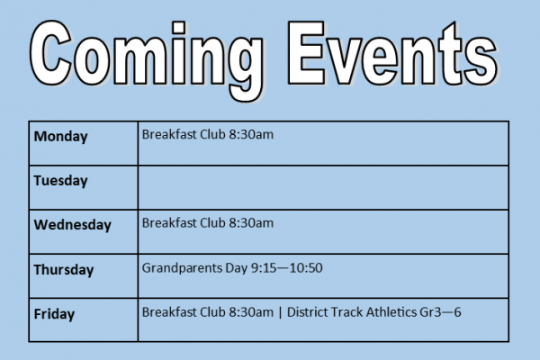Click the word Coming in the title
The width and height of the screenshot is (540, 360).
coord(147,59)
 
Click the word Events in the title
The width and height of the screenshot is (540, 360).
coord(392,53)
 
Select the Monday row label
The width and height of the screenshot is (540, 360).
coord(60,137)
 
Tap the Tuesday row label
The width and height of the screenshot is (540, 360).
coord(60,181)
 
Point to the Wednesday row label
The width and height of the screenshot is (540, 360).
coord(72,225)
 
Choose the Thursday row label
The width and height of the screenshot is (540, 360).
coord(64,270)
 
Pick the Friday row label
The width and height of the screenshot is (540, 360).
coord(54,314)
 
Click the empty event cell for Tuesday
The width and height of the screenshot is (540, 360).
coord(323,188)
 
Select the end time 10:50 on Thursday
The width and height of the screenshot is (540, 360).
coord(306,268)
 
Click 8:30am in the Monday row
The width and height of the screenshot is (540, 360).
coord(251,134)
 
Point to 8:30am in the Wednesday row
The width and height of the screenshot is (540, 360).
coord(251,223)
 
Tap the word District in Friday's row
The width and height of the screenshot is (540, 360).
coord(308,312)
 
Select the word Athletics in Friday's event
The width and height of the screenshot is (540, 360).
coord(391,312)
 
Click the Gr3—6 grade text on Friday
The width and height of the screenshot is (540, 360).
coord(440,312)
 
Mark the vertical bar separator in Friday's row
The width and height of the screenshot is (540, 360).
coord(280,313)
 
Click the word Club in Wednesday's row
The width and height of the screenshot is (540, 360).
coord(212,223)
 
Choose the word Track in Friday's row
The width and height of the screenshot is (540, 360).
coord(347,312)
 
